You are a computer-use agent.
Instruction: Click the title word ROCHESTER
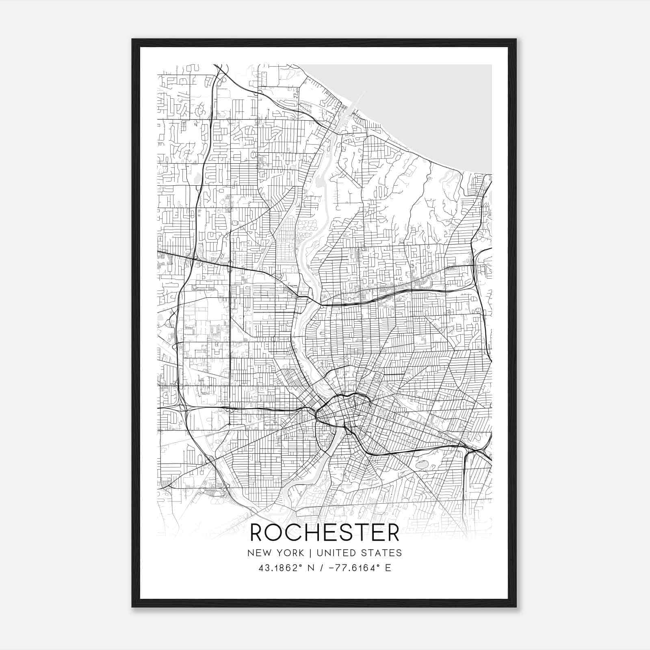point(325,533)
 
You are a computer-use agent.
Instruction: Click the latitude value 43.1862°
point(281,568)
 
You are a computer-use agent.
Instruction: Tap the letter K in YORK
point(301,553)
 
